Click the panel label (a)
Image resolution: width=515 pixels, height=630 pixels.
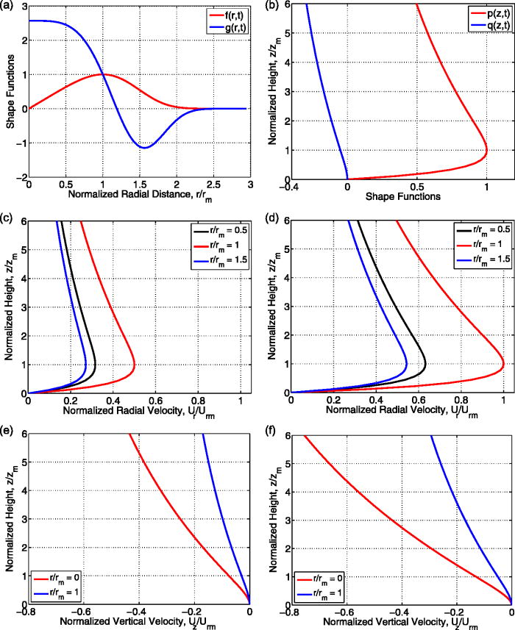click(7, 6)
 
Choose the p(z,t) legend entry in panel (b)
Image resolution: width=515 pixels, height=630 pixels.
click(480, 13)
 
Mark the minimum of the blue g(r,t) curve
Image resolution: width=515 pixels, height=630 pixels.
click(144, 148)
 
